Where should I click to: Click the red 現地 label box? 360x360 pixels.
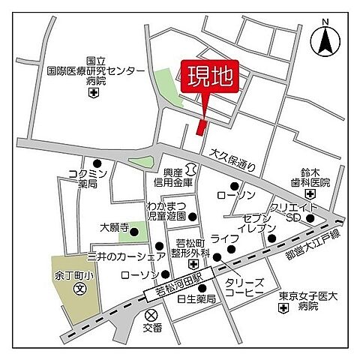210,78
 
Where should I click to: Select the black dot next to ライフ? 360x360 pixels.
217,257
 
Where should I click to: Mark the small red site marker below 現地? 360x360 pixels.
200,127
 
